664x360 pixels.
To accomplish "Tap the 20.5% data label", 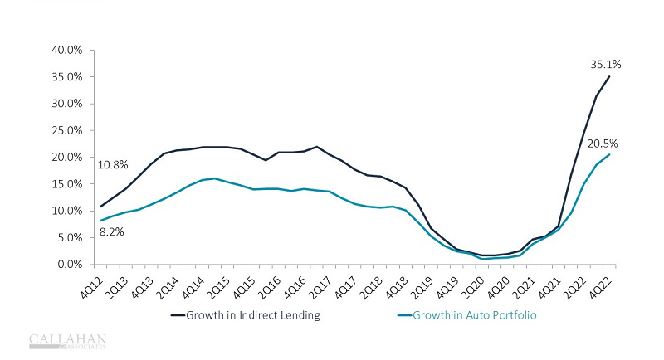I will point(603,144).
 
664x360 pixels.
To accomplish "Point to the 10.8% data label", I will point(114,165).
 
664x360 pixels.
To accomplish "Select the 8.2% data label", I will point(111,232).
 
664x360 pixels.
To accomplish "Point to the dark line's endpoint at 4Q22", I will point(610,76).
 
